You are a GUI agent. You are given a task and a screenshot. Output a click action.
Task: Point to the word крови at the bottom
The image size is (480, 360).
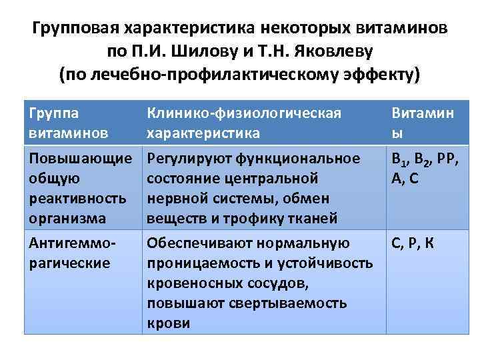tap(168, 323)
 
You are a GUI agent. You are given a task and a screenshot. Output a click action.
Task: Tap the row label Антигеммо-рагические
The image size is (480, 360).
tap(69, 253)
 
